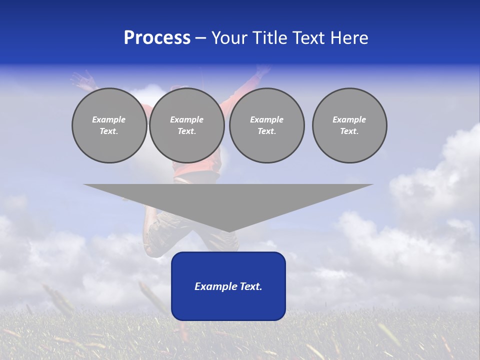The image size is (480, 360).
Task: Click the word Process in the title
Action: [157, 38]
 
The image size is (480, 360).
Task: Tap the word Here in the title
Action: [348, 38]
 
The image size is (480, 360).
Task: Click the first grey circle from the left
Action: [109, 125]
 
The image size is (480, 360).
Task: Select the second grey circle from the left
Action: [187, 125]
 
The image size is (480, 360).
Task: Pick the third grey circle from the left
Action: [267, 125]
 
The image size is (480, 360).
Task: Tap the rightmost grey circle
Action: [349, 125]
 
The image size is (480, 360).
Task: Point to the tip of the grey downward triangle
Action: [228, 231]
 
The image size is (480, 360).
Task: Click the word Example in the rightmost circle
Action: [349, 119]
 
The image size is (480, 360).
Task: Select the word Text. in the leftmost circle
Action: [109, 131]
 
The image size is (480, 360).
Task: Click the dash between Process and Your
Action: [200, 38]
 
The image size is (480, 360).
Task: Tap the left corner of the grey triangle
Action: [84, 185]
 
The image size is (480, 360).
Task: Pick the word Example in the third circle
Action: [267, 119]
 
